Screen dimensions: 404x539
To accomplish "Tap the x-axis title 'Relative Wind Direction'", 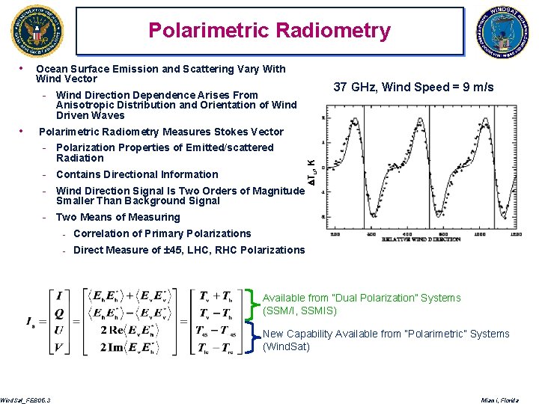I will pos(421,239).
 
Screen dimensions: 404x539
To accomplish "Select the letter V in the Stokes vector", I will pos(59,348).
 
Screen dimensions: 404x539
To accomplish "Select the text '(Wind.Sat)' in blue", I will pos(286,346).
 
